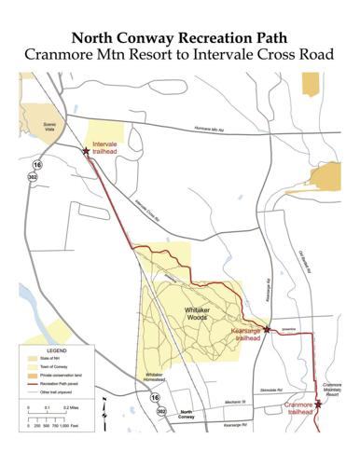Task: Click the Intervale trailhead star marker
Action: (x=87, y=150)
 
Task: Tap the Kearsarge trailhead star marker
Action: (x=267, y=328)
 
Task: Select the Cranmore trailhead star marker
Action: (x=318, y=404)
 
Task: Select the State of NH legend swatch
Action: (x=29, y=358)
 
